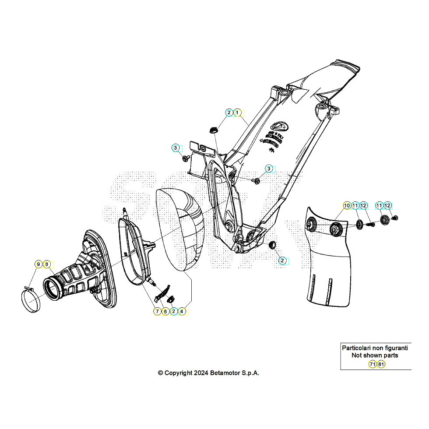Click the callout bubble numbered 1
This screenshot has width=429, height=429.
pos(237,113)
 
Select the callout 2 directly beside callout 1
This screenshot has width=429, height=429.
pos(229,113)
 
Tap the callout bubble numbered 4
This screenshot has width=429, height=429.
pos(182,311)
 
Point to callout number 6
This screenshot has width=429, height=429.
pos(165,311)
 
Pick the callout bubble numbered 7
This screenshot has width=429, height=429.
pos(157,311)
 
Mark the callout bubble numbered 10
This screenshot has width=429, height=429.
pos(346,205)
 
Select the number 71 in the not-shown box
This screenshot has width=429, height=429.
pos(372,364)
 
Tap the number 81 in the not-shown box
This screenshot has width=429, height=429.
pos(381,364)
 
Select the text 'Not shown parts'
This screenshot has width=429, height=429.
pos(375,355)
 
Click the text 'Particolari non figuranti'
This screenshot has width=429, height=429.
pos(375,348)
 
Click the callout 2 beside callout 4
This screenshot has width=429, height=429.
pos(174,311)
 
